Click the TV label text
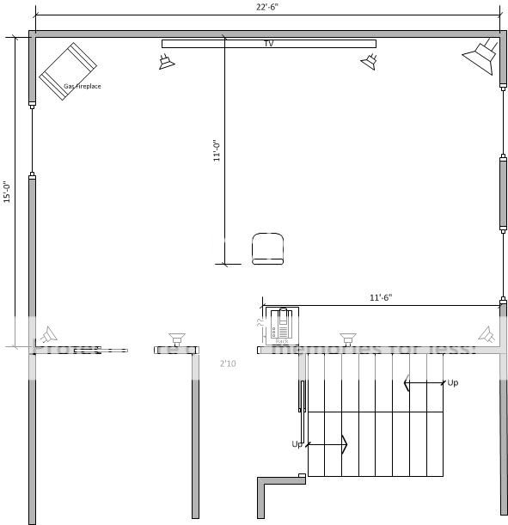tap(268, 43)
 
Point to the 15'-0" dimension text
tap(7, 192)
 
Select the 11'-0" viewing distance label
tap(217, 151)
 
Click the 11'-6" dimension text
tap(380, 297)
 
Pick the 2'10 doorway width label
tap(228, 364)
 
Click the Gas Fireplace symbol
tap(68, 70)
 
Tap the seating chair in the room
tap(268, 248)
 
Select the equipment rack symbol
tap(281, 327)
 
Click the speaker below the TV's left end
tap(166, 61)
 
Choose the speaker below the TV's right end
tap(370, 61)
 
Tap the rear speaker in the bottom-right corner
tap(487, 334)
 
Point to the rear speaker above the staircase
tap(347, 338)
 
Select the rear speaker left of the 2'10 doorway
tap(177, 338)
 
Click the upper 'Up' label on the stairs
tap(452, 382)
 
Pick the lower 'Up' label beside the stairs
tap(297, 444)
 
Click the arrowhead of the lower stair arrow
tap(344, 444)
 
